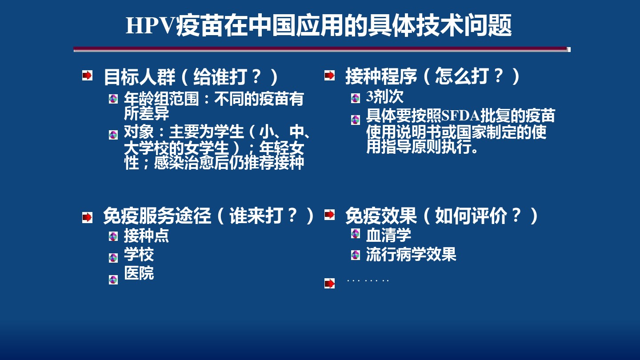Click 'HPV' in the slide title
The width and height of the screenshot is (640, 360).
click(x=150, y=26)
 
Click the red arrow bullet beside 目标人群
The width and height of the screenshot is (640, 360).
click(x=87, y=76)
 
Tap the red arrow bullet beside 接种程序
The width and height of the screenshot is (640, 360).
click(x=329, y=76)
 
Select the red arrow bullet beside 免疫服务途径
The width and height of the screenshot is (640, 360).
click(x=87, y=217)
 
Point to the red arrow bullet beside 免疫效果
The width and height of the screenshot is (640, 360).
click(x=329, y=215)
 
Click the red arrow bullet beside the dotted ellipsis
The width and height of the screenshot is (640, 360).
click(x=329, y=284)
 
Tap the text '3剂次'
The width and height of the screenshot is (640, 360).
click(x=384, y=96)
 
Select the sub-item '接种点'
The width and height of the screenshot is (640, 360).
click(x=146, y=236)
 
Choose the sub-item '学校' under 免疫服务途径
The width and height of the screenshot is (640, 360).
click(x=139, y=255)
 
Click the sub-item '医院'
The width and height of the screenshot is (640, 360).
click(x=139, y=273)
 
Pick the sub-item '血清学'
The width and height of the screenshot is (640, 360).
click(x=388, y=235)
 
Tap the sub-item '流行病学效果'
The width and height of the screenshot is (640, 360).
click(x=411, y=255)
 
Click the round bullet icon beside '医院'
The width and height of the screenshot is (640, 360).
click(x=113, y=280)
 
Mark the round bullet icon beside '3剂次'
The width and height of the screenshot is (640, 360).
click(x=356, y=98)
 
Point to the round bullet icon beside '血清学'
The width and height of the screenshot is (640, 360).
click(x=356, y=234)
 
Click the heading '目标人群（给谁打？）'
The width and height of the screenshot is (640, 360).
click(x=191, y=77)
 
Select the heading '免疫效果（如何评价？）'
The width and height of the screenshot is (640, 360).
click(x=442, y=216)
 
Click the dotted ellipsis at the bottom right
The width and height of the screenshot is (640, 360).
click(x=368, y=280)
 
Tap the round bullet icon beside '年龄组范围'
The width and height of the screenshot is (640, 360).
click(x=113, y=99)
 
